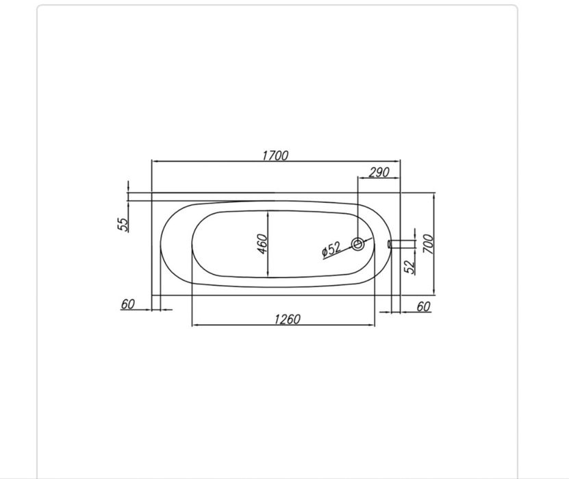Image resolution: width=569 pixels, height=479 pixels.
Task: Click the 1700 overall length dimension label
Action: [x=275, y=156]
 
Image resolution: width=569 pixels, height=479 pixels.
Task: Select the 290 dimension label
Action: [x=379, y=172]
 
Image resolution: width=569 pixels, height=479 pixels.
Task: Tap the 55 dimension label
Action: [x=123, y=225]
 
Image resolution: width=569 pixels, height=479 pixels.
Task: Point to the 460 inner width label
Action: [x=262, y=244]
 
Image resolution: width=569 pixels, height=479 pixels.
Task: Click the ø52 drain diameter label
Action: [x=331, y=249]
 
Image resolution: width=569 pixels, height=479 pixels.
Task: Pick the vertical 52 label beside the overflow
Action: [x=409, y=267]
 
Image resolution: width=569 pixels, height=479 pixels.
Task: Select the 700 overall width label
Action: [x=428, y=244]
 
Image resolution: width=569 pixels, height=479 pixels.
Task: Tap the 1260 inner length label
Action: [x=287, y=319]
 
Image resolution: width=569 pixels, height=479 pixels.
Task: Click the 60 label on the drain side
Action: [x=423, y=307]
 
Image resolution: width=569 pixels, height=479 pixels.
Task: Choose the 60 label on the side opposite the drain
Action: [x=128, y=304]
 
